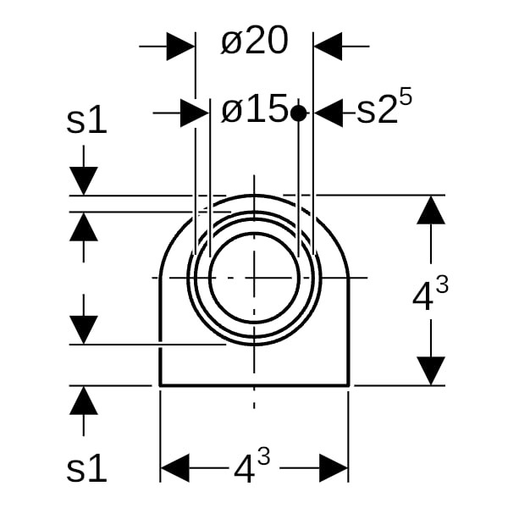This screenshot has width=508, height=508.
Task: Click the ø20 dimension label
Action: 254,41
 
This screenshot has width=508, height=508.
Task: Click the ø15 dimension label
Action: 254,108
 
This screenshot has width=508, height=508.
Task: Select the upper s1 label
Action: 86,120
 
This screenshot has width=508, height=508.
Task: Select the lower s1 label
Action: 86,467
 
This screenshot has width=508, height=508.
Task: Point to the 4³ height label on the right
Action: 430,292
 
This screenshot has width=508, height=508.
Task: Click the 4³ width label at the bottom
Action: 252,465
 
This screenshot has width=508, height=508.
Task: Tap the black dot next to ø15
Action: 298,113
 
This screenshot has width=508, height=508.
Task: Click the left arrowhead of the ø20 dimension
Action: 181,47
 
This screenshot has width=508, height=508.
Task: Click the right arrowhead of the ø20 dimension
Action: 328,47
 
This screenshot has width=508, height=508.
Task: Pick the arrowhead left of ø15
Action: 195,113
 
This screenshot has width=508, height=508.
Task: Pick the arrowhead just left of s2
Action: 329,113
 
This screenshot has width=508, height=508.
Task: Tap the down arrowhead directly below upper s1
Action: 84,181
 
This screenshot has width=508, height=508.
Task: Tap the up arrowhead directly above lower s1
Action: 84,400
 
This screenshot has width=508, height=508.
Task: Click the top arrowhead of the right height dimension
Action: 431,210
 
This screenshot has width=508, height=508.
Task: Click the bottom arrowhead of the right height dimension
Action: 431,371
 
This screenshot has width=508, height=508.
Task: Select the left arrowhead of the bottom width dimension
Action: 175,468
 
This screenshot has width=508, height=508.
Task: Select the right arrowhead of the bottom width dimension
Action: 334,468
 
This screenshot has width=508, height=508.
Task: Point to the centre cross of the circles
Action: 254,278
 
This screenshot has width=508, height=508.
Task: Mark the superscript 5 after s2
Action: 406,97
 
